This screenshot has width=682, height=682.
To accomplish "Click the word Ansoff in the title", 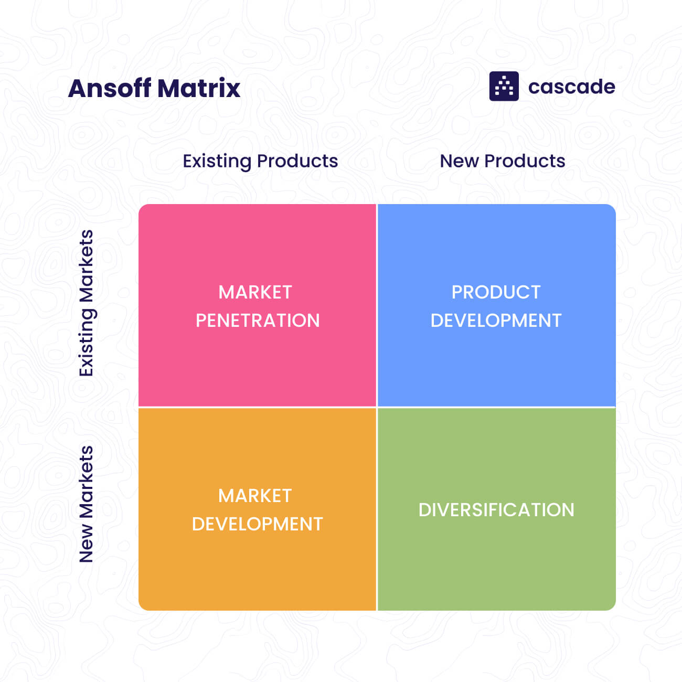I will (110, 88).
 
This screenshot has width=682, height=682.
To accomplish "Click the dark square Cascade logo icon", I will (504, 86).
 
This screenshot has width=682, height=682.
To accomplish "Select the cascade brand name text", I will (571, 87).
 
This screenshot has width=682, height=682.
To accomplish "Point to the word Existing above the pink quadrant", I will (217, 161).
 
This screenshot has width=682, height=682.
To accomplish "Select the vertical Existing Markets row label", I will (86, 303).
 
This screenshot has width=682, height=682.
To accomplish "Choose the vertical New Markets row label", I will (86, 504).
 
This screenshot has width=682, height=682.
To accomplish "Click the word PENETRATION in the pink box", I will (258, 321).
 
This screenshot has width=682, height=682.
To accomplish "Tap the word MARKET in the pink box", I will (255, 292).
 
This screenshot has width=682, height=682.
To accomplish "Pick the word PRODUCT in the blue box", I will (496, 292).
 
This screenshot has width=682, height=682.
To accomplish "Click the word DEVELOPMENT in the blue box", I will (496, 321).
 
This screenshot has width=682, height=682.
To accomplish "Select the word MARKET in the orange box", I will (255, 496).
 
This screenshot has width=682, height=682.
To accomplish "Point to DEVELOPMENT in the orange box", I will (257, 524).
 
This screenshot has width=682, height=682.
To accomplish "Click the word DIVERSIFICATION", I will (496, 510).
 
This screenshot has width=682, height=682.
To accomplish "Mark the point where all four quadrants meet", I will (377, 407).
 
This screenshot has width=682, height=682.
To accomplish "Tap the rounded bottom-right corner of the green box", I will (611, 606).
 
